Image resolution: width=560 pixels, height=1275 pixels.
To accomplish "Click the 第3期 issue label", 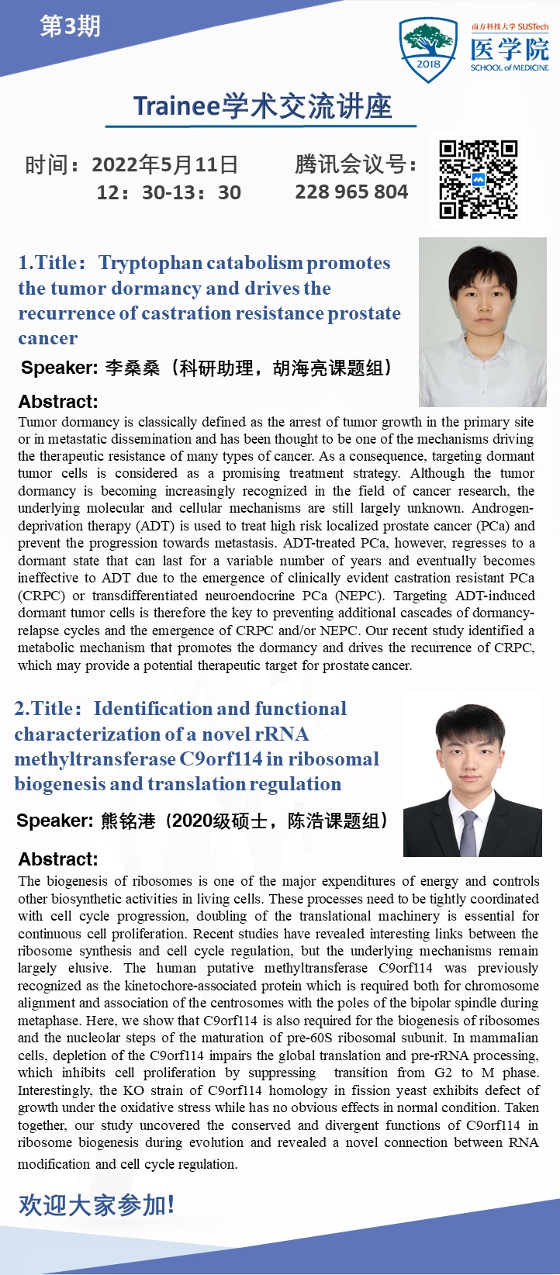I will click(70, 27).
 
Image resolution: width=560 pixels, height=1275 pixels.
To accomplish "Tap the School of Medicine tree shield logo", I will click(427, 47).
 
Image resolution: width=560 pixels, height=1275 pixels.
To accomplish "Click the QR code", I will click(478, 179).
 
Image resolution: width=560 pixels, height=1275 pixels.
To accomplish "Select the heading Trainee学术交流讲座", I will click(262, 106).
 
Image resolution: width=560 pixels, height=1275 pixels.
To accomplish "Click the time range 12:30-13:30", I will click(168, 192).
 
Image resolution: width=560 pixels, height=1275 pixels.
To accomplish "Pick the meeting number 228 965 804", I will click(351, 192).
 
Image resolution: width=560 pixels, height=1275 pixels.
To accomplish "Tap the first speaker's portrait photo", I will click(482, 321).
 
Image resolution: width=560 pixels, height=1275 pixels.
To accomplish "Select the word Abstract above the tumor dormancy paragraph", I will click(58, 402).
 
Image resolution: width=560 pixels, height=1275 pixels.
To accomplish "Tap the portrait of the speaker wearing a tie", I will click(472, 775).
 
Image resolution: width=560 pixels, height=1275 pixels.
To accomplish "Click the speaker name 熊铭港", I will click(128, 821).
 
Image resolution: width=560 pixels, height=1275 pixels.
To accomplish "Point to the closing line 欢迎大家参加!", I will click(96, 1204).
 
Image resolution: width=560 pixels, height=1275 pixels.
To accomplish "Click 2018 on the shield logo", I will click(427, 64).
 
